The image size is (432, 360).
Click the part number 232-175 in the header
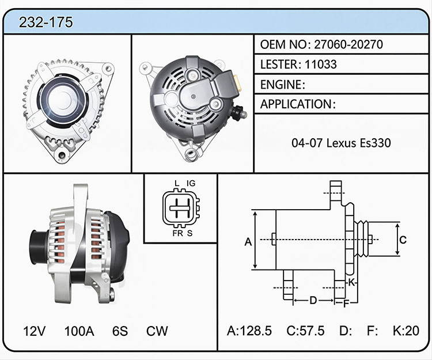tap(46, 22)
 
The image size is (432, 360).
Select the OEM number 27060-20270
tap(348, 44)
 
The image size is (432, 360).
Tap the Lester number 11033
tap(321, 65)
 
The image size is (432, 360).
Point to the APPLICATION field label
tap(296, 104)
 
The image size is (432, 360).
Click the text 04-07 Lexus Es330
tap(341, 143)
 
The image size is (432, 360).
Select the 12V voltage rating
tap(34, 331)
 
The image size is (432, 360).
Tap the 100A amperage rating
tap(79, 331)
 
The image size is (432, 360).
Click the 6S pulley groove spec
tap(120, 331)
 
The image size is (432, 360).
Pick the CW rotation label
tap(157, 331)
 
